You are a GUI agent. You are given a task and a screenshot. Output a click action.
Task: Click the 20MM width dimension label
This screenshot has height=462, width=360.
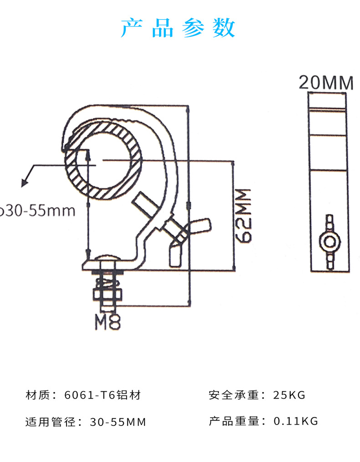[x=326, y=83]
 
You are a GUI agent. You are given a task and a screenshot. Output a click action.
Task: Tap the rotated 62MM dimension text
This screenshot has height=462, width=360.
[x=244, y=216]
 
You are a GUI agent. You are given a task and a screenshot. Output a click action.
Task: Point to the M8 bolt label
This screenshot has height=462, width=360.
[x=108, y=322]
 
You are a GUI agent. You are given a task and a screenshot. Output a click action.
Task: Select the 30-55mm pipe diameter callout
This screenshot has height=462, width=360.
[x=37, y=211]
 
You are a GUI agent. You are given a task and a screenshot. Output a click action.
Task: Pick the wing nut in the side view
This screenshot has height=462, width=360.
[x=330, y=242]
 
